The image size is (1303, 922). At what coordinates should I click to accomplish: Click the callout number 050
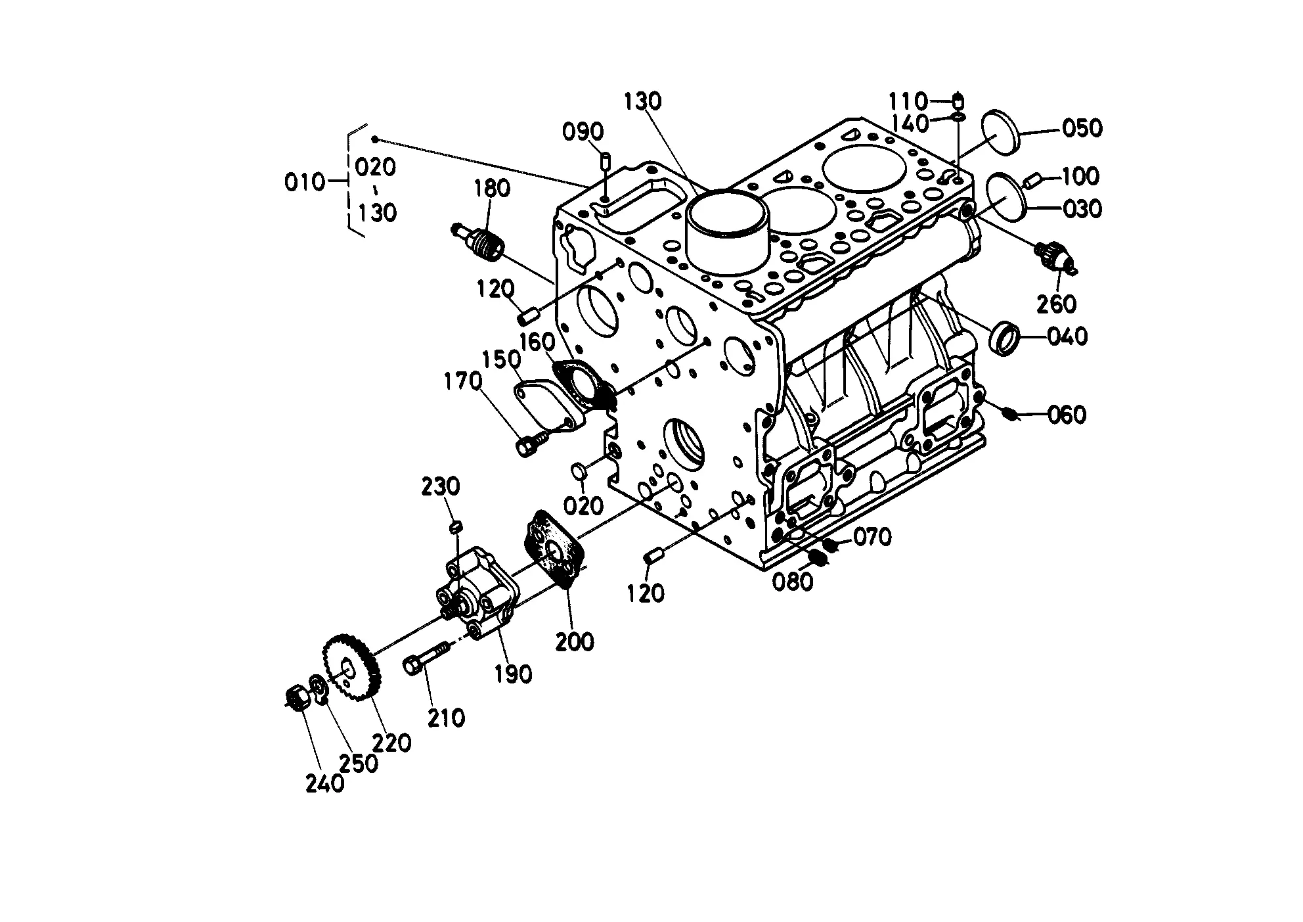click(1082, 127)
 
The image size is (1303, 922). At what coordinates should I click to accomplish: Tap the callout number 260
click(1057, 304)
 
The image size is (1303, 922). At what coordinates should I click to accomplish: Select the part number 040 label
click(1067, 337)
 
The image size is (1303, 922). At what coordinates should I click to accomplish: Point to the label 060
click(1066, 415)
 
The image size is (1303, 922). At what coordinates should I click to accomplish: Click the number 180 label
click(492, 189)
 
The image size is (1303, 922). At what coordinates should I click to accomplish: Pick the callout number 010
click(305, 181)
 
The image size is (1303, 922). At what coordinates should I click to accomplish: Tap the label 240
click(325, 783)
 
